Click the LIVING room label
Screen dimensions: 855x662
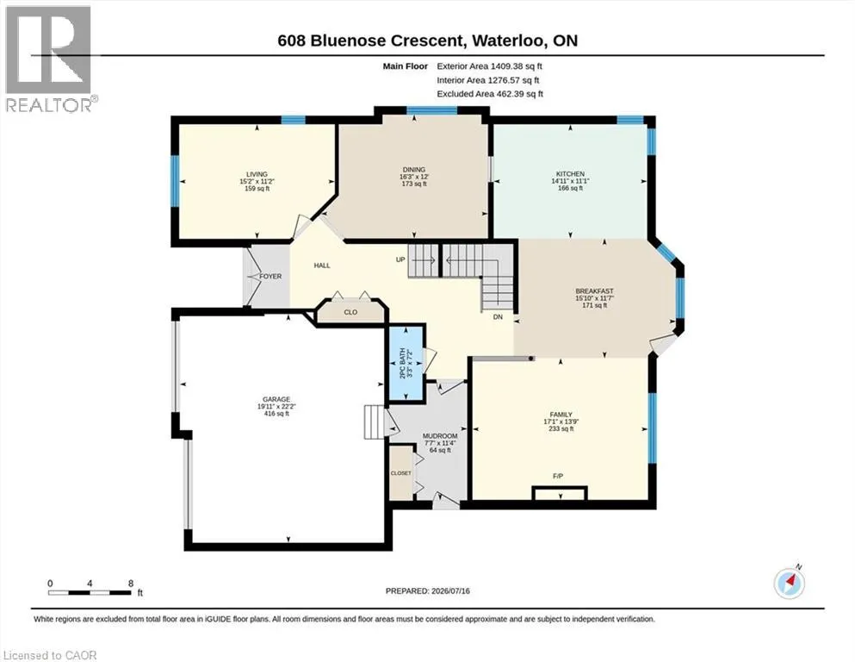point(257,175)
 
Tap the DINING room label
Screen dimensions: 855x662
point(414,170)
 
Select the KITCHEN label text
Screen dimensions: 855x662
point(570,174)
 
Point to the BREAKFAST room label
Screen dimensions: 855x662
point(594,291)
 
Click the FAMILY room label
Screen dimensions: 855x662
point(561,415)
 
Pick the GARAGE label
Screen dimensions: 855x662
point(276,399)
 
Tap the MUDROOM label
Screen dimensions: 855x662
point(440,436)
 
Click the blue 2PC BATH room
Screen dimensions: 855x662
point(406,364)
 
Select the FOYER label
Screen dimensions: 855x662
point(270,277)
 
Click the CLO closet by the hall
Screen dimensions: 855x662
point(350,312)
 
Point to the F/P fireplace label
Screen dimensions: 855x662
point(558,477)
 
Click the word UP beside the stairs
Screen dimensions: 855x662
point(400,259)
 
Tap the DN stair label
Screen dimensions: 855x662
point(498,317)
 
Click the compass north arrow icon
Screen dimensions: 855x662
point(789,583)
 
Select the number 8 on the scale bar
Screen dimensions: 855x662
point(131,584)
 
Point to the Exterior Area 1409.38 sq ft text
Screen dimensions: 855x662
point(490,66)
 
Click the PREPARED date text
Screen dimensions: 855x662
point(427,591)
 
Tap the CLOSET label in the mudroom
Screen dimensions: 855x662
point(400,473)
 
